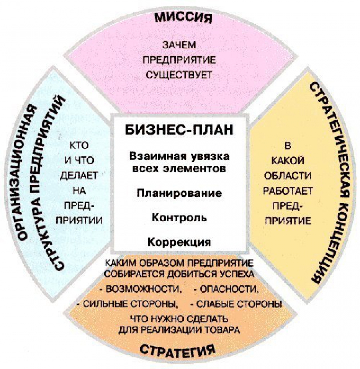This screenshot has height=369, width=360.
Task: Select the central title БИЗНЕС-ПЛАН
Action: pyautogui.click(x=179, y=130)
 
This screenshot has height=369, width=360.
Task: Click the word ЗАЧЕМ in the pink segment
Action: pyautogui.click(x=179, y=45)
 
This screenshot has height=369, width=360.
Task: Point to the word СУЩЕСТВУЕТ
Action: pyautogui.click(x=179, y=75)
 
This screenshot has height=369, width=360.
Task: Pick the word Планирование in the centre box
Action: pyautogui.click(x=179, y=193)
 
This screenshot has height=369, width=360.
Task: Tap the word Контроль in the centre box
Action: pyautogui.click(x=179, y=218)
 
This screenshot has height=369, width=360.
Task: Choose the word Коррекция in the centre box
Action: pyautogui.click(x=179, y=242)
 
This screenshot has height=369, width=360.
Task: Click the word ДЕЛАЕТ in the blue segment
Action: pyautogui.click(x=79, y=175)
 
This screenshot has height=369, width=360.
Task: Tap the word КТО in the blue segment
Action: pyautogui.click(x=79, y=146)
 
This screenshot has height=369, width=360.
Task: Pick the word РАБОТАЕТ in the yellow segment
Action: pyautogui.click(x=288, y=191)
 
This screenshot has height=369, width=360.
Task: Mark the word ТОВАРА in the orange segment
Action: pyautogui.click(x=222, y=330)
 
